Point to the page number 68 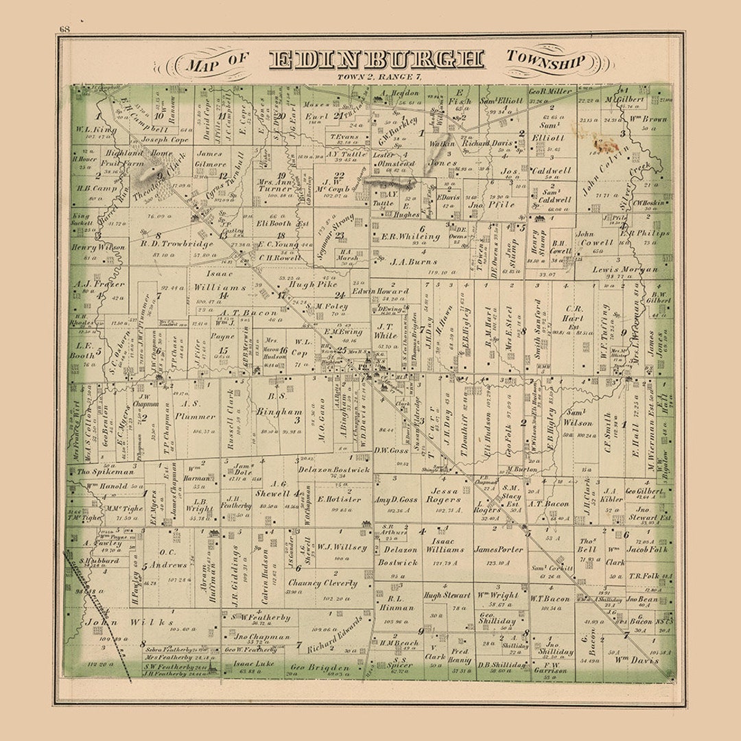(x=65, y=29)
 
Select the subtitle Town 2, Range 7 (x=379, y=75)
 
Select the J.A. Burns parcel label (x=413, y=261)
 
